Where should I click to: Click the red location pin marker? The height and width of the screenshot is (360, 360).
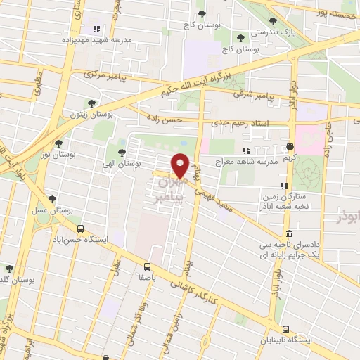click(181, 166)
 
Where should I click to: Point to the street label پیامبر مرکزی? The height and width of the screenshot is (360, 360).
click(103, 74)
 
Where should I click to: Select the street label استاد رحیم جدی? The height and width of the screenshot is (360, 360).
click(248, 124)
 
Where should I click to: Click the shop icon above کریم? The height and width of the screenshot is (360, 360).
click(290, 148)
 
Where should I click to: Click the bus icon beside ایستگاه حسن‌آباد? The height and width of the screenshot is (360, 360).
click(79, 229)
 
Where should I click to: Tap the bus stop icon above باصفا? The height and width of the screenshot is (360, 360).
click(148, 266)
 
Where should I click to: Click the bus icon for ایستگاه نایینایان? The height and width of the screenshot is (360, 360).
click(285, 329)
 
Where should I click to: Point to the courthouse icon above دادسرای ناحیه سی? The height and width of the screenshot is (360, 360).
click(289, 234)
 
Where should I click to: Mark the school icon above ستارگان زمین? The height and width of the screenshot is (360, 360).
click(283, 186)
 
